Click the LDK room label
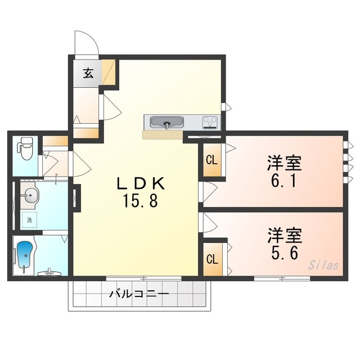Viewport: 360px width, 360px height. click(140, 183)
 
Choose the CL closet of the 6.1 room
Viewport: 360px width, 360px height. click(211, 160)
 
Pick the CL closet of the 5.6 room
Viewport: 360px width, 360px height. click(211, 259)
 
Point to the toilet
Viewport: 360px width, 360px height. click(24, 148)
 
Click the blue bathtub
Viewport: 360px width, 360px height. click(25, 256)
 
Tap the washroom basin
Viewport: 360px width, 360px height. click(30, 197)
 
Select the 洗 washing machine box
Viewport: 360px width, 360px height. click(29, 220)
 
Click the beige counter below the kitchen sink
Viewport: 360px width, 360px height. click(163, 134)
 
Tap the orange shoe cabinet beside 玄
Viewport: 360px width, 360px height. click(110, 73)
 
